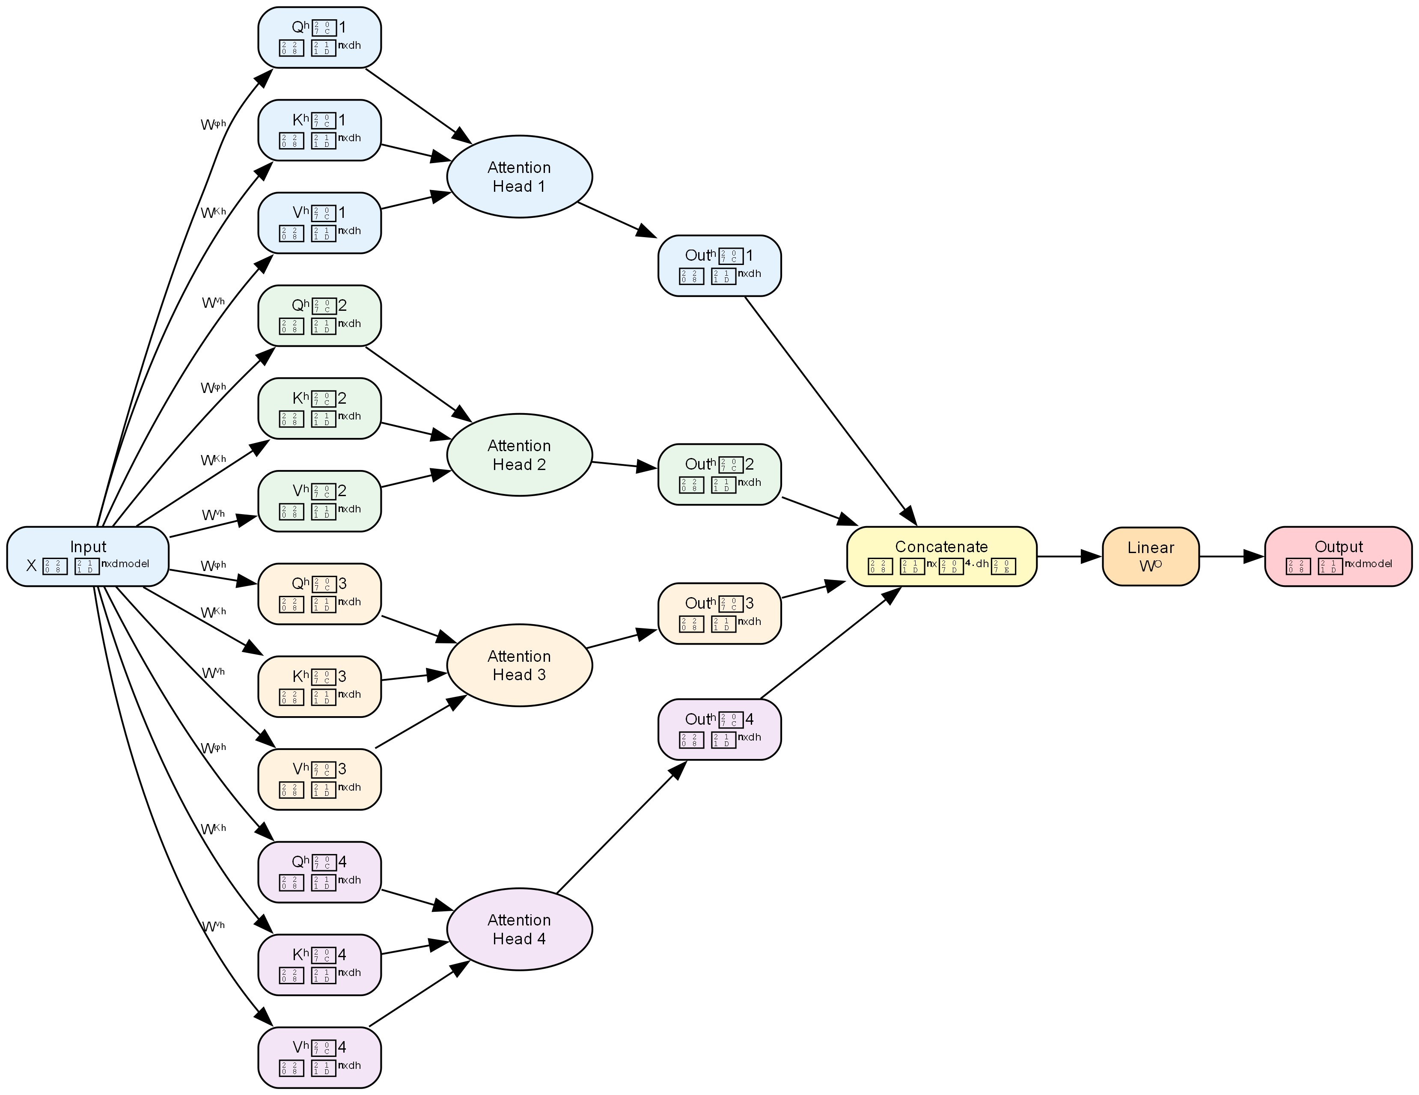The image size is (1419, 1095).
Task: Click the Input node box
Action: (88, 556)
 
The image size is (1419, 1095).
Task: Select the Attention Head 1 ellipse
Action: (519, 177)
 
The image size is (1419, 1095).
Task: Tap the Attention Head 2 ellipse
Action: (519, 455)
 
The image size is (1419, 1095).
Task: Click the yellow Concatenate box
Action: (941, 556)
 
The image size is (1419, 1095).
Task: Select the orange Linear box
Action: (1150, 556)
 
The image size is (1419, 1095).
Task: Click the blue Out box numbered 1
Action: (719, 266)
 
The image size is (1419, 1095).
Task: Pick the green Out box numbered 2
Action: (719, 474)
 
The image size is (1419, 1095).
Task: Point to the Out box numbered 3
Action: (719, 613)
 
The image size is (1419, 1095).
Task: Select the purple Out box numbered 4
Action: (719, 729)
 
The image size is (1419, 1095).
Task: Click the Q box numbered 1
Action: (319, 37)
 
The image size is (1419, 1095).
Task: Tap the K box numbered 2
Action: (319, 408)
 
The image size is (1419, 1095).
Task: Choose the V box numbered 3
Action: (319, 779)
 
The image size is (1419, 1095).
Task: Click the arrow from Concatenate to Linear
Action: (1069, 556)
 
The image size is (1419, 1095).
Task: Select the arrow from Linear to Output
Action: (1231, 556)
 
